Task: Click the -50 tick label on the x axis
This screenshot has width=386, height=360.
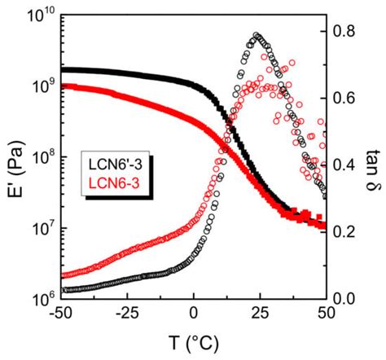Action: pos(61,314)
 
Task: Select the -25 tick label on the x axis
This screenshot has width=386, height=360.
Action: pos(126,314)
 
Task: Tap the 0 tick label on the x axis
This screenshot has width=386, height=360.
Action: pos(194,314)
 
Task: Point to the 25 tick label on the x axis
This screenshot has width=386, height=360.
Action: pos(260,314)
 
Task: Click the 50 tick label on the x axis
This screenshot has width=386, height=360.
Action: pos(326,314)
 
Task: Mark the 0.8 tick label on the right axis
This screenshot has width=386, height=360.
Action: pos(344,32)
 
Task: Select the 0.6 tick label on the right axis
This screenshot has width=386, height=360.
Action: pos(344,99)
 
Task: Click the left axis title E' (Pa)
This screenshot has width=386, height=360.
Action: pos(14,155)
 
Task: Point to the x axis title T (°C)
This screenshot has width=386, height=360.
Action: pos(193,342)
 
